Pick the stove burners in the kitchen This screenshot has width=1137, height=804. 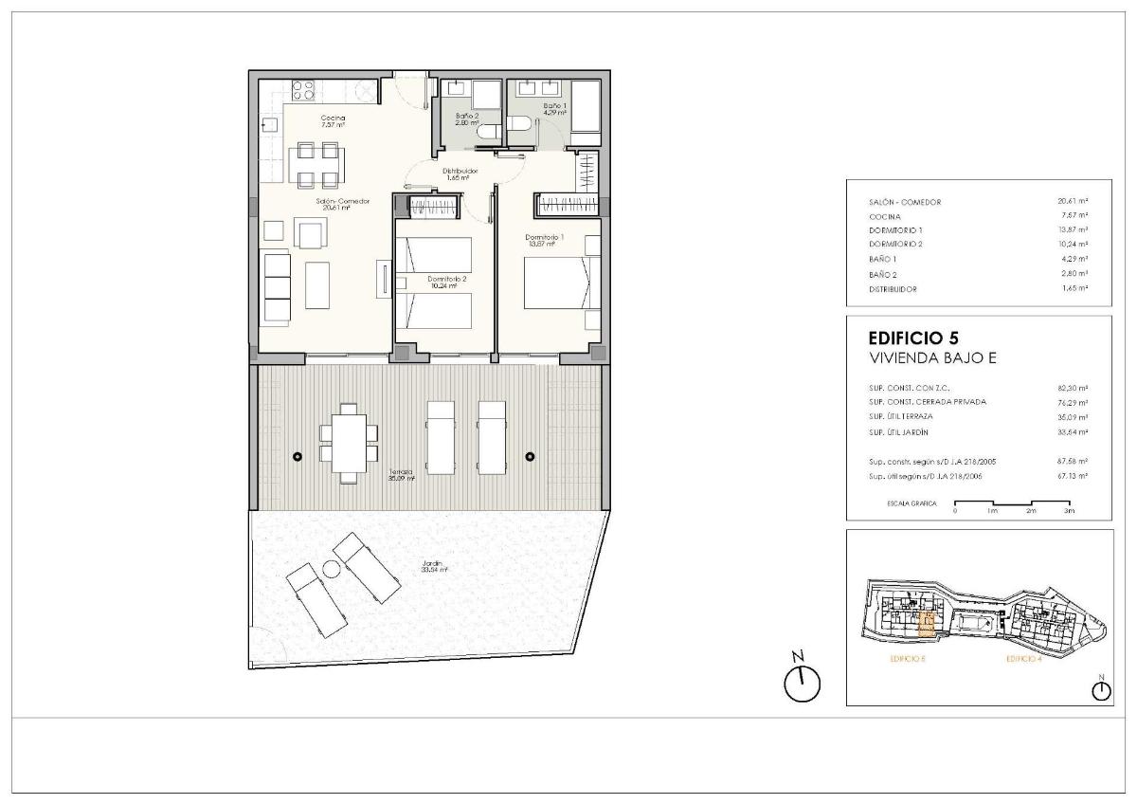coord(304,90)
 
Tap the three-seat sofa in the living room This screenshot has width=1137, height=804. coord(277,287)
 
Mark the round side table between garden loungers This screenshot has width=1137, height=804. coord(332,569)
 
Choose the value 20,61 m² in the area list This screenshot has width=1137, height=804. coord(1072,202)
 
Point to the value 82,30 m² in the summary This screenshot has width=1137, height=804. coord(1072,388)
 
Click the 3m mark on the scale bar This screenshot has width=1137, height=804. coord(1070,510)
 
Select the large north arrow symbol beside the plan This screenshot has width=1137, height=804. coord(802,679)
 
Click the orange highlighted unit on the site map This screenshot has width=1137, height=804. coord(928,624)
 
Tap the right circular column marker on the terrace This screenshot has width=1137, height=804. coord(530,457)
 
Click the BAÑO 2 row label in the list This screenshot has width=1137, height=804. coord(882,274)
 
